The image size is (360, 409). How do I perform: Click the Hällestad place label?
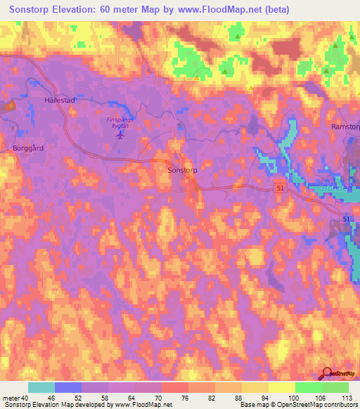pos(59,100)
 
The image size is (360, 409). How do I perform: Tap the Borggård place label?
pos(28,148)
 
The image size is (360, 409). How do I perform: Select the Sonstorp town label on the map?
pos(181,170)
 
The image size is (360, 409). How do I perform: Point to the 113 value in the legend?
pos(346,398)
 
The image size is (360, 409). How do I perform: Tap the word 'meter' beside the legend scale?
pos(11,398)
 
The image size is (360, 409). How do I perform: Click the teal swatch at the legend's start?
pos(41,387)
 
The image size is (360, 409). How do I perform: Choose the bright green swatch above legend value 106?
pos(309,387)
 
